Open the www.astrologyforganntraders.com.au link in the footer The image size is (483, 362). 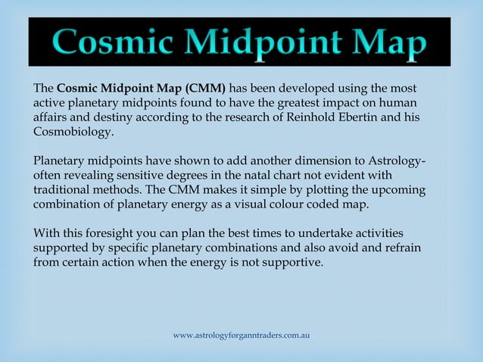pyautogui.click(x=241, y=335)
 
